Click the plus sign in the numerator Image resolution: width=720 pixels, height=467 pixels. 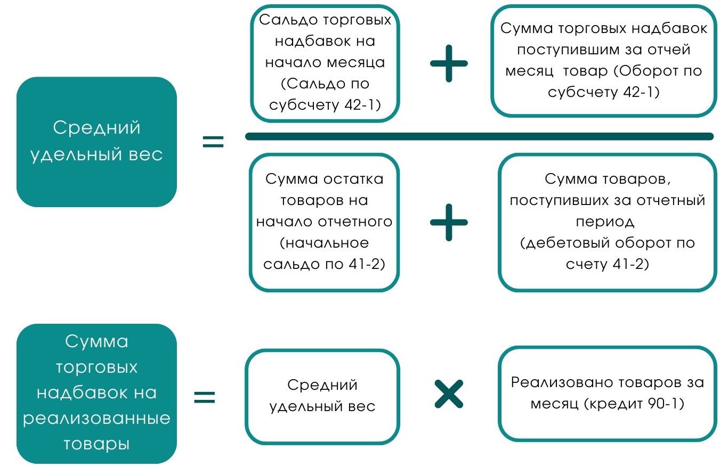449,63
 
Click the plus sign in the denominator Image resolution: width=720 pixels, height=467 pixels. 449,222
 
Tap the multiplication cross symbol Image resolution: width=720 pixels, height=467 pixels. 449,395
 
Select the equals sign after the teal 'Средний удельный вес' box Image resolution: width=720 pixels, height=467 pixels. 213,142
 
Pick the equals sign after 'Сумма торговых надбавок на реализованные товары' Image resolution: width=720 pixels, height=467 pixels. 204,397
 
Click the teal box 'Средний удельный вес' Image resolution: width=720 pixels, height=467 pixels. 96,142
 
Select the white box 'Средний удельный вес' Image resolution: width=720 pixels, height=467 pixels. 322,396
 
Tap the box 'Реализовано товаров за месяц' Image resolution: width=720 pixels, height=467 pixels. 607,394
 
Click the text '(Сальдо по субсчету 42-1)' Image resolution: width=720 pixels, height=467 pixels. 325,94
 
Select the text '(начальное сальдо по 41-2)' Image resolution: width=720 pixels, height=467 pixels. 325,253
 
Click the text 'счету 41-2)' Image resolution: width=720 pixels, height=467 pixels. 608,264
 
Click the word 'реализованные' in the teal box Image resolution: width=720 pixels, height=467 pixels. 96,418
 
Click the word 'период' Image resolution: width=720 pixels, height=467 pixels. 608,222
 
